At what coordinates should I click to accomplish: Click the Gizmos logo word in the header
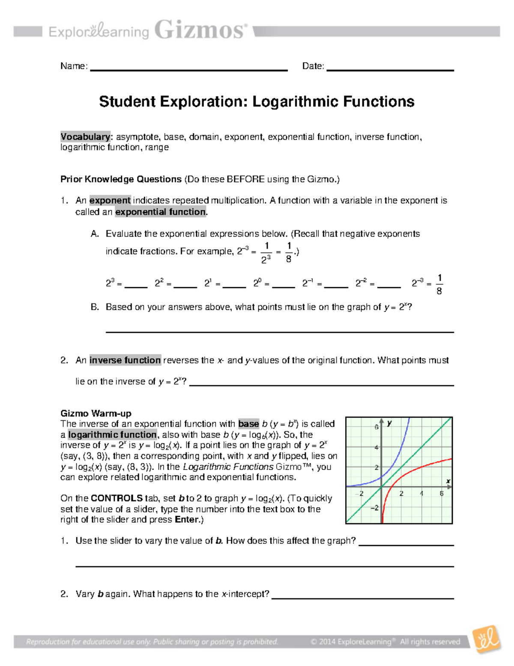[x=200, y=30]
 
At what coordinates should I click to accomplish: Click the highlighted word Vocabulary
[x=85, y=137]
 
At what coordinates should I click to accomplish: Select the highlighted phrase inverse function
[x=125, y=360]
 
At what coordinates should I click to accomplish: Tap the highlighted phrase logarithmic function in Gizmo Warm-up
[x=112, y=434]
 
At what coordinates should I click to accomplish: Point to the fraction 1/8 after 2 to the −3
[x=439, y=284]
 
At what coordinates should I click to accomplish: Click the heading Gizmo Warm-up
[x=96, y=413]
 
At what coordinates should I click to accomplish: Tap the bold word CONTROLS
[x=117, y=498]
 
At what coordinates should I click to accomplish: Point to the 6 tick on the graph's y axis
[x=377, y=427]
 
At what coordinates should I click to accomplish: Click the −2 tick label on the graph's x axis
[x=361, y=494]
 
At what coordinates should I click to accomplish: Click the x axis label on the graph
[x=448, y=481]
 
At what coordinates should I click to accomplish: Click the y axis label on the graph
[x=389, y=423]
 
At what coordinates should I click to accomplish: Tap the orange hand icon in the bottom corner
[x=486, y=640]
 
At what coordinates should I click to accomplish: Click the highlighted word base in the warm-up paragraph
[x=248, y=424]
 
